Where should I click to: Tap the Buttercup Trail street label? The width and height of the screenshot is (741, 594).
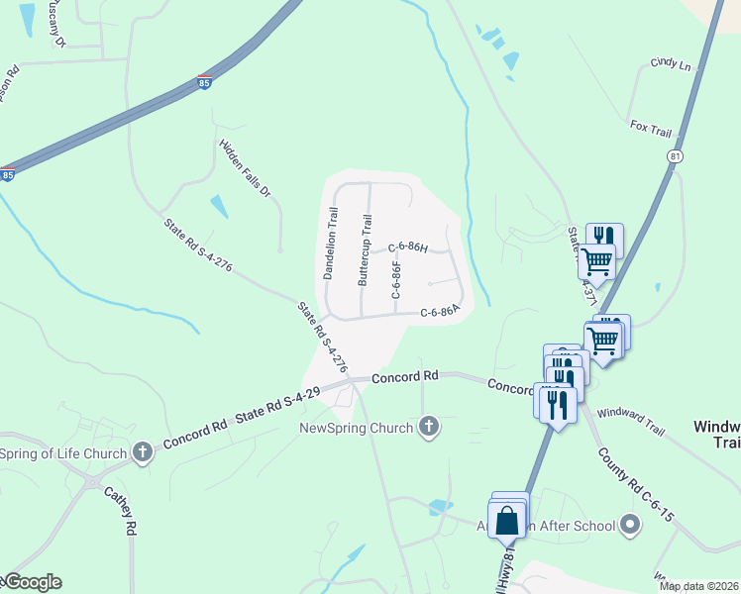click(x=366, y=251)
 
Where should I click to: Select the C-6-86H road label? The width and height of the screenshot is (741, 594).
click(x=407, y=247)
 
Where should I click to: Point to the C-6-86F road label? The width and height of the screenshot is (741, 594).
click(x=396, y=280)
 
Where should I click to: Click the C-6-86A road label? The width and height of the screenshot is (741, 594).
click(x=440, y=312)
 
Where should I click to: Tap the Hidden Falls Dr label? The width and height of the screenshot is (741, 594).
click(x=245, y=167)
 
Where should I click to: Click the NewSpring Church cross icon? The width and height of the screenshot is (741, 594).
click(x=428, y=428)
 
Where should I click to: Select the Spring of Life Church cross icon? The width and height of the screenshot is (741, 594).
click(x=143, y=453)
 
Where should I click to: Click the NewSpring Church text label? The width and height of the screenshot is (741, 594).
click(x=358, y=429)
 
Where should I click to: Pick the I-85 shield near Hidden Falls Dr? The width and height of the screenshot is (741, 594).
click(x=203, y=83)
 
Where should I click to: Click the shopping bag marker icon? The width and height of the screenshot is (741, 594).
click(x=507, y=520)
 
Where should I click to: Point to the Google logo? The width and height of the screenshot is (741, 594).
click(x=32, y=583)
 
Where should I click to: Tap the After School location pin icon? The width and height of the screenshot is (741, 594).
click(x=628, y=526)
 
